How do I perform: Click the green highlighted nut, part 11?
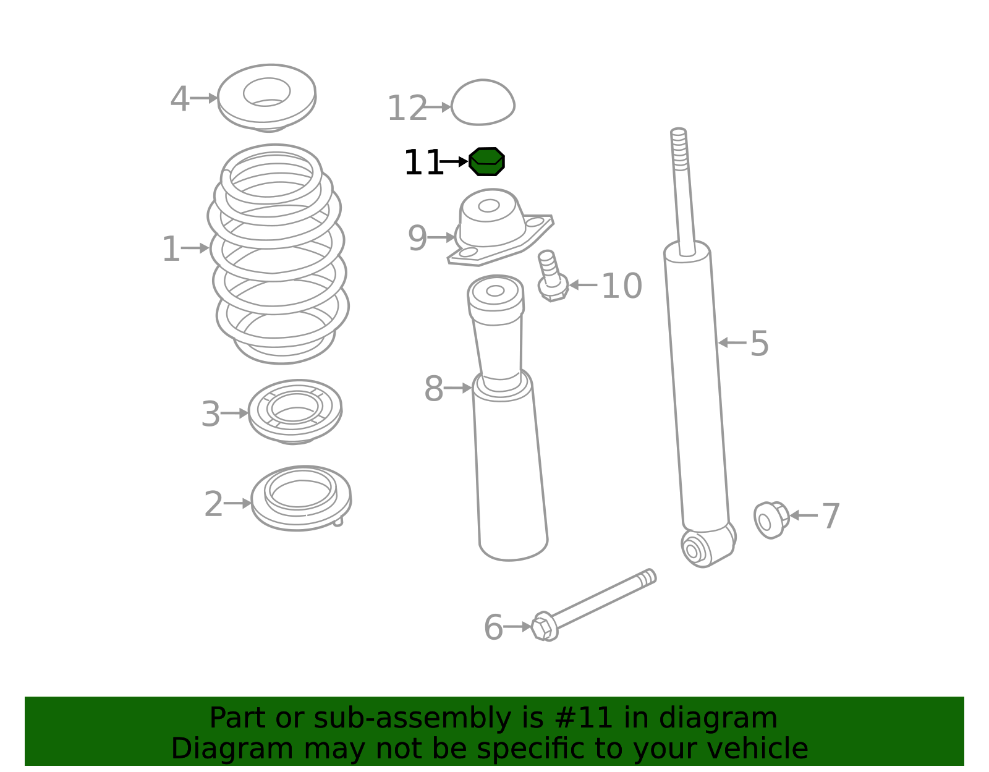tap(486, 161)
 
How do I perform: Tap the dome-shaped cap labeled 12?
tap(483, 103)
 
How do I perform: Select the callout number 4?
tap(179, 99)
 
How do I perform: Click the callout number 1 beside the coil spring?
tap(171, 249)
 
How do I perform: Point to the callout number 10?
tap(622, 286)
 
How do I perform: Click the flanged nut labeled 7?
tap(771, 520)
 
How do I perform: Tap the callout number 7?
tap(831, 516)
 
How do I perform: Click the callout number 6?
tap(493, 628)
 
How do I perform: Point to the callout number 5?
tap(759, 344)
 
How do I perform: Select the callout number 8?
tap(433, 389)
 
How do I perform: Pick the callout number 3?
tap(211, 415)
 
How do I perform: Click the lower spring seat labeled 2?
tap(301, 498)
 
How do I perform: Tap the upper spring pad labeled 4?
tap(266, 98)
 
